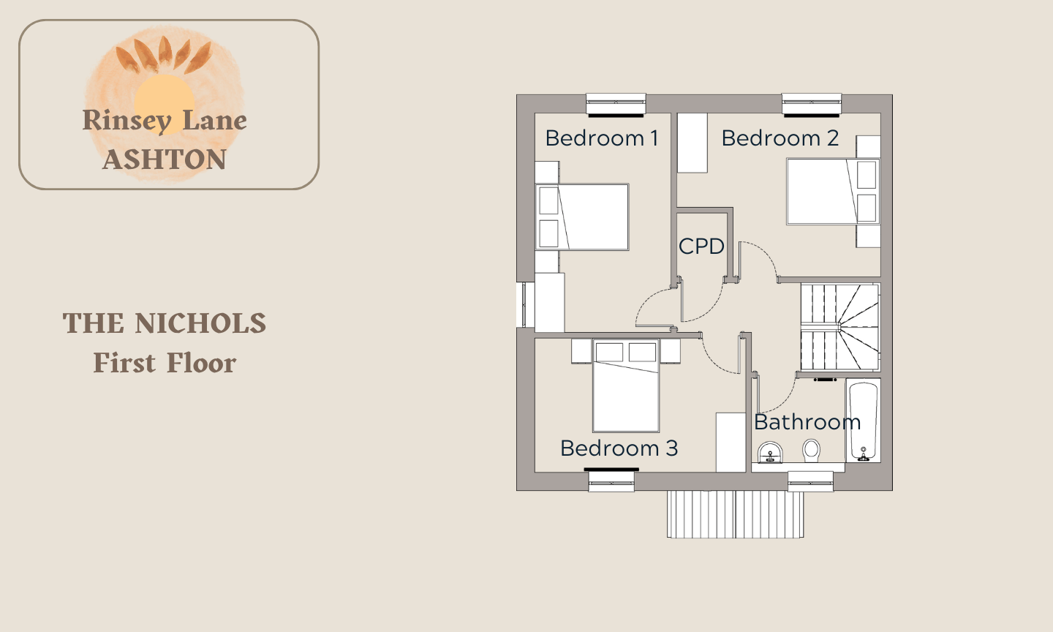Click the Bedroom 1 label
(602, 138)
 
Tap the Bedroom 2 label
(780, 138)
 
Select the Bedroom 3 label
(619, 448)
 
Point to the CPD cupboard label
(701, 246)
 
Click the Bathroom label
(807, 422)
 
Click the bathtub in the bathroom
(864, 421)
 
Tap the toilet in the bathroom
(812, 451)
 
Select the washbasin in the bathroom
(771, 452)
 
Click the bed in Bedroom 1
(582, 217)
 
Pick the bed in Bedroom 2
(833, 192)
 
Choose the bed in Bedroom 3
(626, 385)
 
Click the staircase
(840, 327)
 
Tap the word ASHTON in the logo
(165, 159)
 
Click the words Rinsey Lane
(165, 121)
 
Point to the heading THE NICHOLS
(165, 323)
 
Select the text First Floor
(165, 363)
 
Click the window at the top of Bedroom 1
(616, 105)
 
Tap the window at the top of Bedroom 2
(812, 105)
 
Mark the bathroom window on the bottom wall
(810, 481)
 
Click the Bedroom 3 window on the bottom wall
(611, 481)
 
